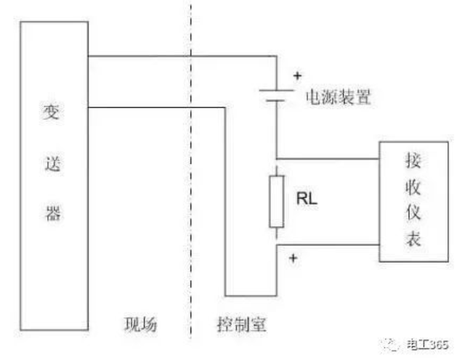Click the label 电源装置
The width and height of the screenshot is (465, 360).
(339, 98)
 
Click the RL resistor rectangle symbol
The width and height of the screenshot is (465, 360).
(277, 199)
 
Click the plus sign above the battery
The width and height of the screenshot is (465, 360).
(297, 75)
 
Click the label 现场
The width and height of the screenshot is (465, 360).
(139, 324)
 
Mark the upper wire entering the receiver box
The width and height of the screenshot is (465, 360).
(327, 158)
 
